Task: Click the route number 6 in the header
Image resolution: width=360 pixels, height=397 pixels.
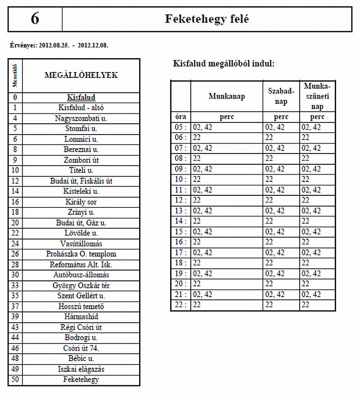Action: click(x=35, y=19)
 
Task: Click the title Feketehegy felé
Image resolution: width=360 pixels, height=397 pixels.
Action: click(x=207, y=19)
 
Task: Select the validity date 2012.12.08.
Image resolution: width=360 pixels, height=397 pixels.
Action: click(x=93, y=45)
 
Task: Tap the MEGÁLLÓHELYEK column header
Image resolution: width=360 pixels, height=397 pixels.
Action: click(x=81, y=75)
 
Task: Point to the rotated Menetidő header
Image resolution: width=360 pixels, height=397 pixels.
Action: click(x=15, y=76)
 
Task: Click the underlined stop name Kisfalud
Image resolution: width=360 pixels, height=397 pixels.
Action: click(x=81, y=97)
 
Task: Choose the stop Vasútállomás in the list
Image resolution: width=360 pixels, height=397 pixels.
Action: click(x=81, y=244)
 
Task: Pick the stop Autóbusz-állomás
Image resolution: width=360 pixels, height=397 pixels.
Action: click(x=81, y=275)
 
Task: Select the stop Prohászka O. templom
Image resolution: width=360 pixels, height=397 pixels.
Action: click(x=81, y=254)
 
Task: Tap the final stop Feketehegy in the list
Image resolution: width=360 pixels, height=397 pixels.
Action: click(x=81, y=379)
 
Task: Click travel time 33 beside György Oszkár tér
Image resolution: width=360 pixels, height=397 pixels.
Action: click(x=15, y=285)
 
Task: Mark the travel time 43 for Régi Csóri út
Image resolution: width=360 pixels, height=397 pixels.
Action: click(x=15, y=327)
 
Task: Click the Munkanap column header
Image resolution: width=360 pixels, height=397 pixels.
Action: click(x=227, y=96)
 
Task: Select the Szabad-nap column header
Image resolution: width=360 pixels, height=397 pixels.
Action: click(x=281, y=96)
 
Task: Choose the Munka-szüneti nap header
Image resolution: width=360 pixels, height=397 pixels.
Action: click(x=317, y=96)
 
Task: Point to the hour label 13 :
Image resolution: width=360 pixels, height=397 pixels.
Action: click(x=180, y=211)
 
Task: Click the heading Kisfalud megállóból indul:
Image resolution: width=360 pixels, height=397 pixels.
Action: click(x=224, y=63)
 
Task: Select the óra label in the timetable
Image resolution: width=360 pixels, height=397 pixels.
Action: click(x=180, y=117)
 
